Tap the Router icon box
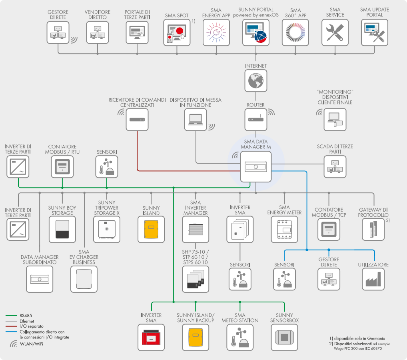click(x=256, y=120)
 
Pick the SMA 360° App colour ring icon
click(x=296, y=33)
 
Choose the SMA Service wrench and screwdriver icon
click(x=335, y=33)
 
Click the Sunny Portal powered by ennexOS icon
click(x=256, y=33)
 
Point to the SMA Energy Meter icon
click(x=284, y=230)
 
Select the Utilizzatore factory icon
click(x=375, y=279)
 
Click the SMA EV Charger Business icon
click(x=84, y=279)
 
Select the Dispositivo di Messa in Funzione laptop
click(x=196, y=120)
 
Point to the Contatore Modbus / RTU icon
click(x=62, y=166)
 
